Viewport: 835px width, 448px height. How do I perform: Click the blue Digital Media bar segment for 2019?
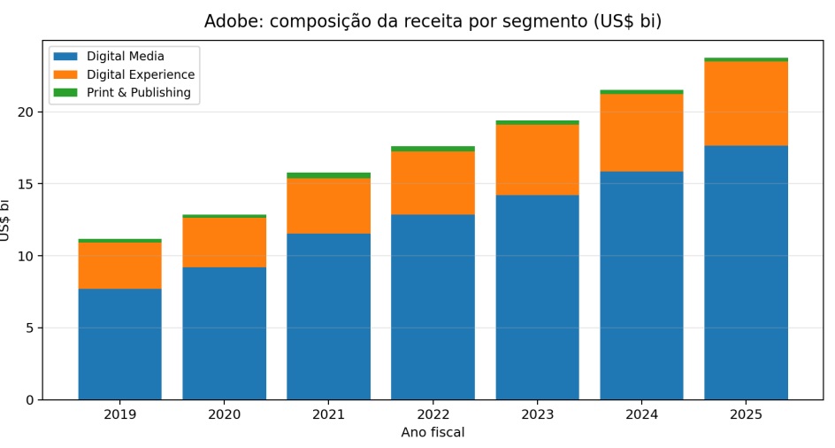pyautogui.click(x=119, y=344)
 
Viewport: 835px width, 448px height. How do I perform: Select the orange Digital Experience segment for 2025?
pyautogui.click(x=746, y=104)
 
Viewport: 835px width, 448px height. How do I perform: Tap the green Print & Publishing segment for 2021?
pyautogui.click(x=328, y=175)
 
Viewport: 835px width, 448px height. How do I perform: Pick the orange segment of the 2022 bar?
pyautogui.click(x=433, y=183)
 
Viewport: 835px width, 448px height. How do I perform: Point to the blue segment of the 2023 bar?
pyautogui.click(x=537, y=297)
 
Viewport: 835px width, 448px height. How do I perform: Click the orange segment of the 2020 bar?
pyautogui.click(x=224, y=242)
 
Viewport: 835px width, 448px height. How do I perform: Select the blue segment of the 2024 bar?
pyautogui.click(x=641, y=285)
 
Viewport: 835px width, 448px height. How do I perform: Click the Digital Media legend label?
pyautogui.click(x=126, y=56)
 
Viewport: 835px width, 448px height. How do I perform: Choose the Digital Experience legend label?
pyautogui.click(x=141, y=74)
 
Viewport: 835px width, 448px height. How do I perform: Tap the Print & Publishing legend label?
pyautogui.click(x=139, y=92)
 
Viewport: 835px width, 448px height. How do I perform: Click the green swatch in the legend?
pyautogui.click(x=65, y=92)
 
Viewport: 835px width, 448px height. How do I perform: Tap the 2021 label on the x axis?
pyautogui.click(x=328, y=414)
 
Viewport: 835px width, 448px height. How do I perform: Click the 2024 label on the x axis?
pyautogui.click(x=641, y=414)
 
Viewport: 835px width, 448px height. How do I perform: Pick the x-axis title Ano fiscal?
pyautogui.click(x=433, y=432)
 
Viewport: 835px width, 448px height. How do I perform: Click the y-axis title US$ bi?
pyautogui.click(x=4, y=220)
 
